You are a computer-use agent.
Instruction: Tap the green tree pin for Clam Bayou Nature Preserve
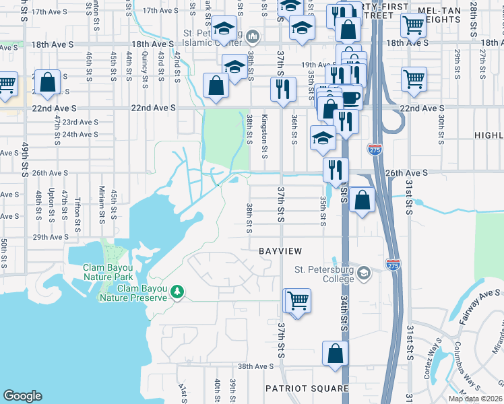click(177, 292)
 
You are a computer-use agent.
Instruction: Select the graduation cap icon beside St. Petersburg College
click(364, 273)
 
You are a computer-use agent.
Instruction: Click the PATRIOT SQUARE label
click(307, 389)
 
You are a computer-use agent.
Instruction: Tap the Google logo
click(22, 396)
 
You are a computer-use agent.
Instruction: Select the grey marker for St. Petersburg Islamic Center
click(253, 35)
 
